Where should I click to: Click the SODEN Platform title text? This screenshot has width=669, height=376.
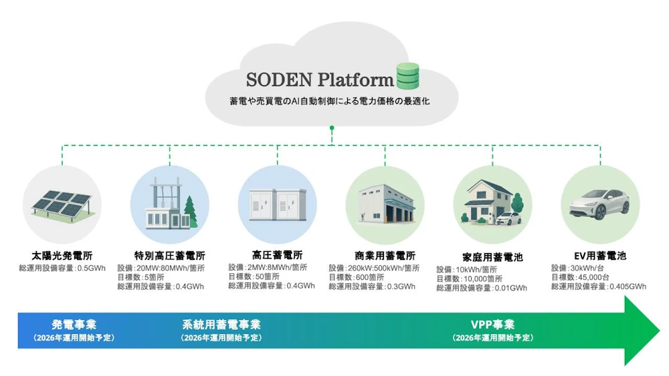coord(320,79)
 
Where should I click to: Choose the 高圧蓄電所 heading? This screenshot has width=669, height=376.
coord(277,254)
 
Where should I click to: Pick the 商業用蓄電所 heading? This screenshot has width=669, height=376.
coord(385,255)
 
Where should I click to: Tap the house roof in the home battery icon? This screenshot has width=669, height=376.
coord(487,186)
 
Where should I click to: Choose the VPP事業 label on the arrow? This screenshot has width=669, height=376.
coord(492,325)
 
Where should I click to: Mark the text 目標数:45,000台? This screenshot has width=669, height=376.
coord(579,276)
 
